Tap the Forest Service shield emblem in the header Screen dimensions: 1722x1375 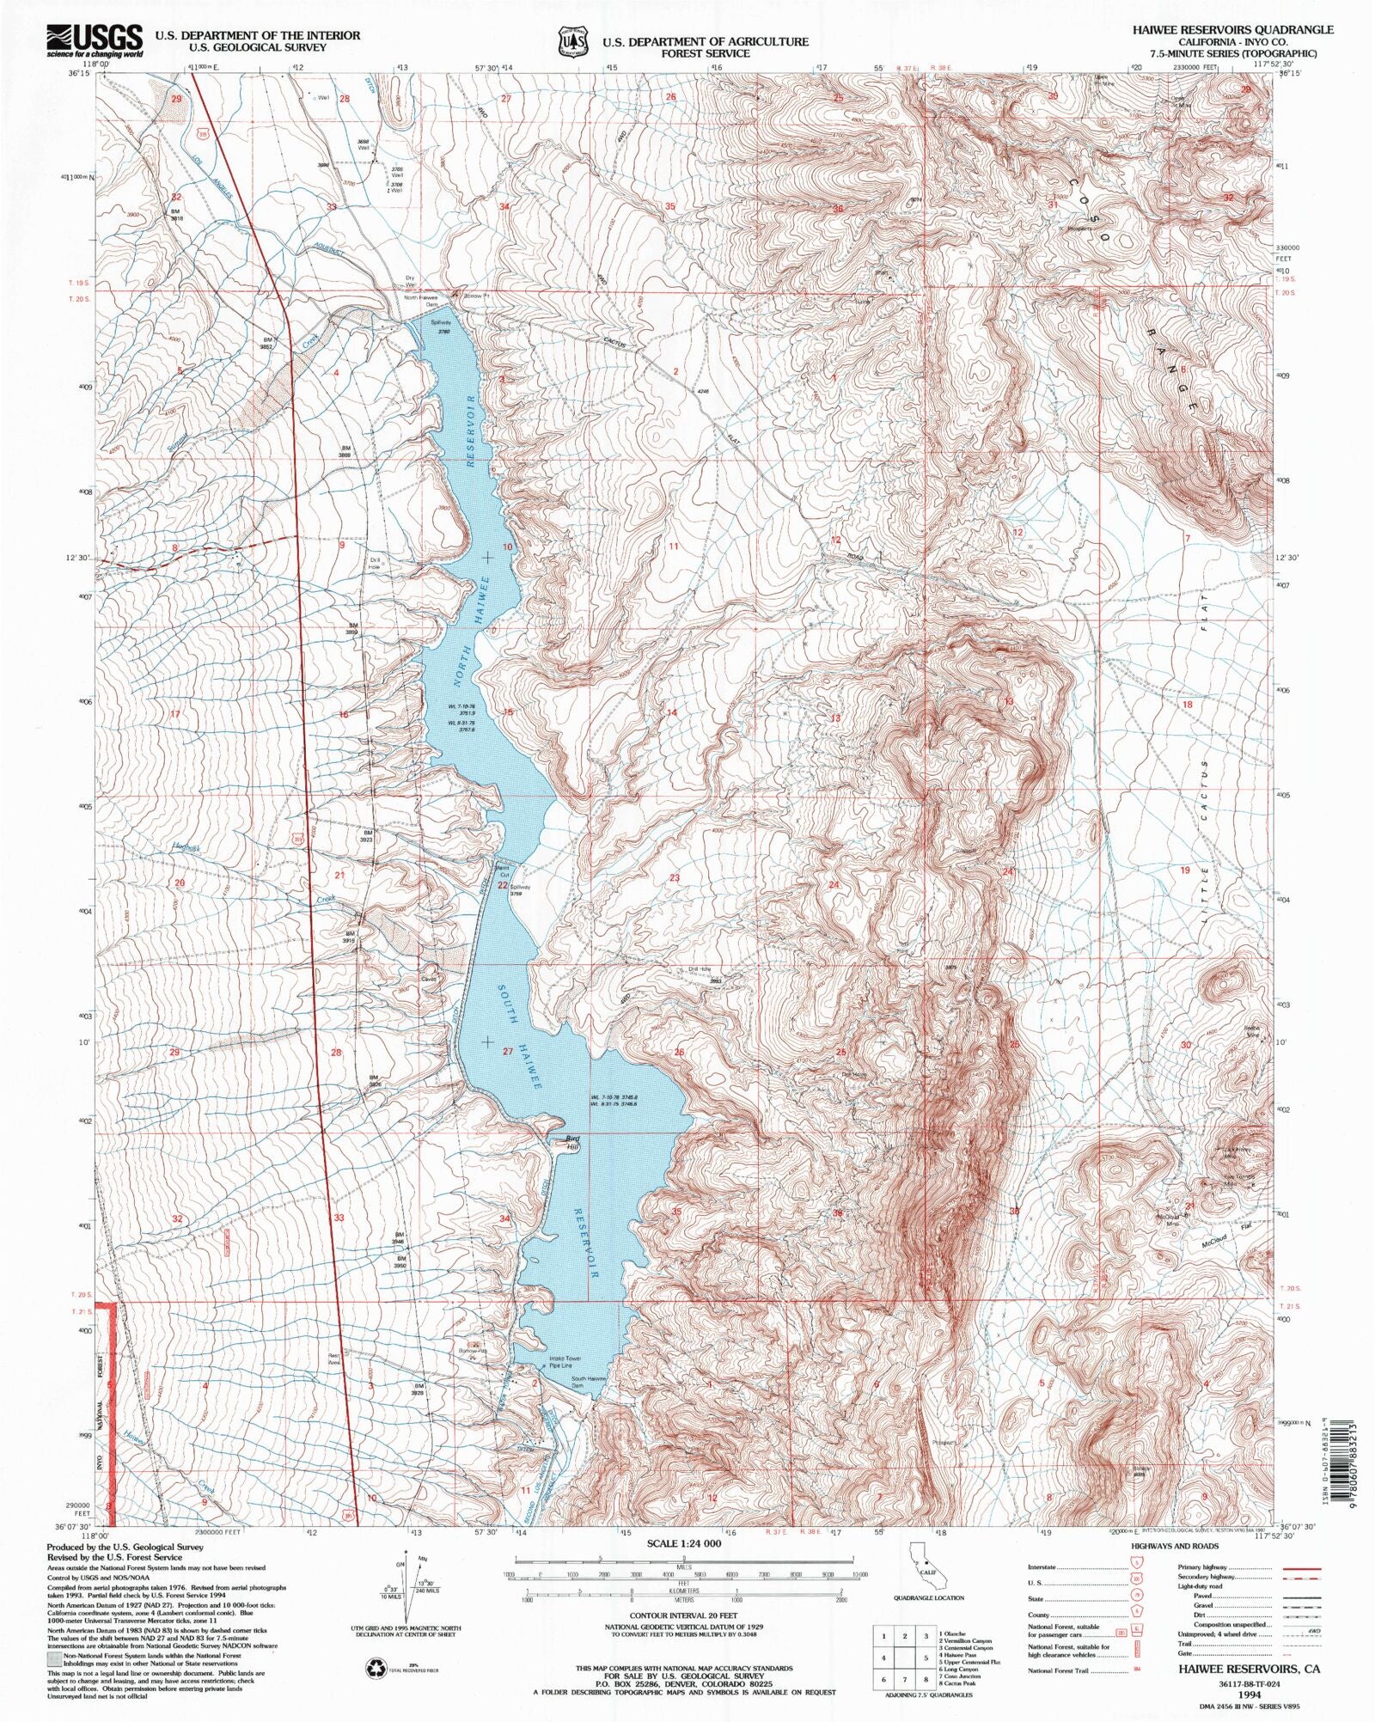coord(573,40)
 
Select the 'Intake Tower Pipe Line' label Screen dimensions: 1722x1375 coord(565,1362)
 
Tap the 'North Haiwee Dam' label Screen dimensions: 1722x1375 coord(421,302)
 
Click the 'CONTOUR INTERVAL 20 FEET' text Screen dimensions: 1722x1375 coord(683,1615)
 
